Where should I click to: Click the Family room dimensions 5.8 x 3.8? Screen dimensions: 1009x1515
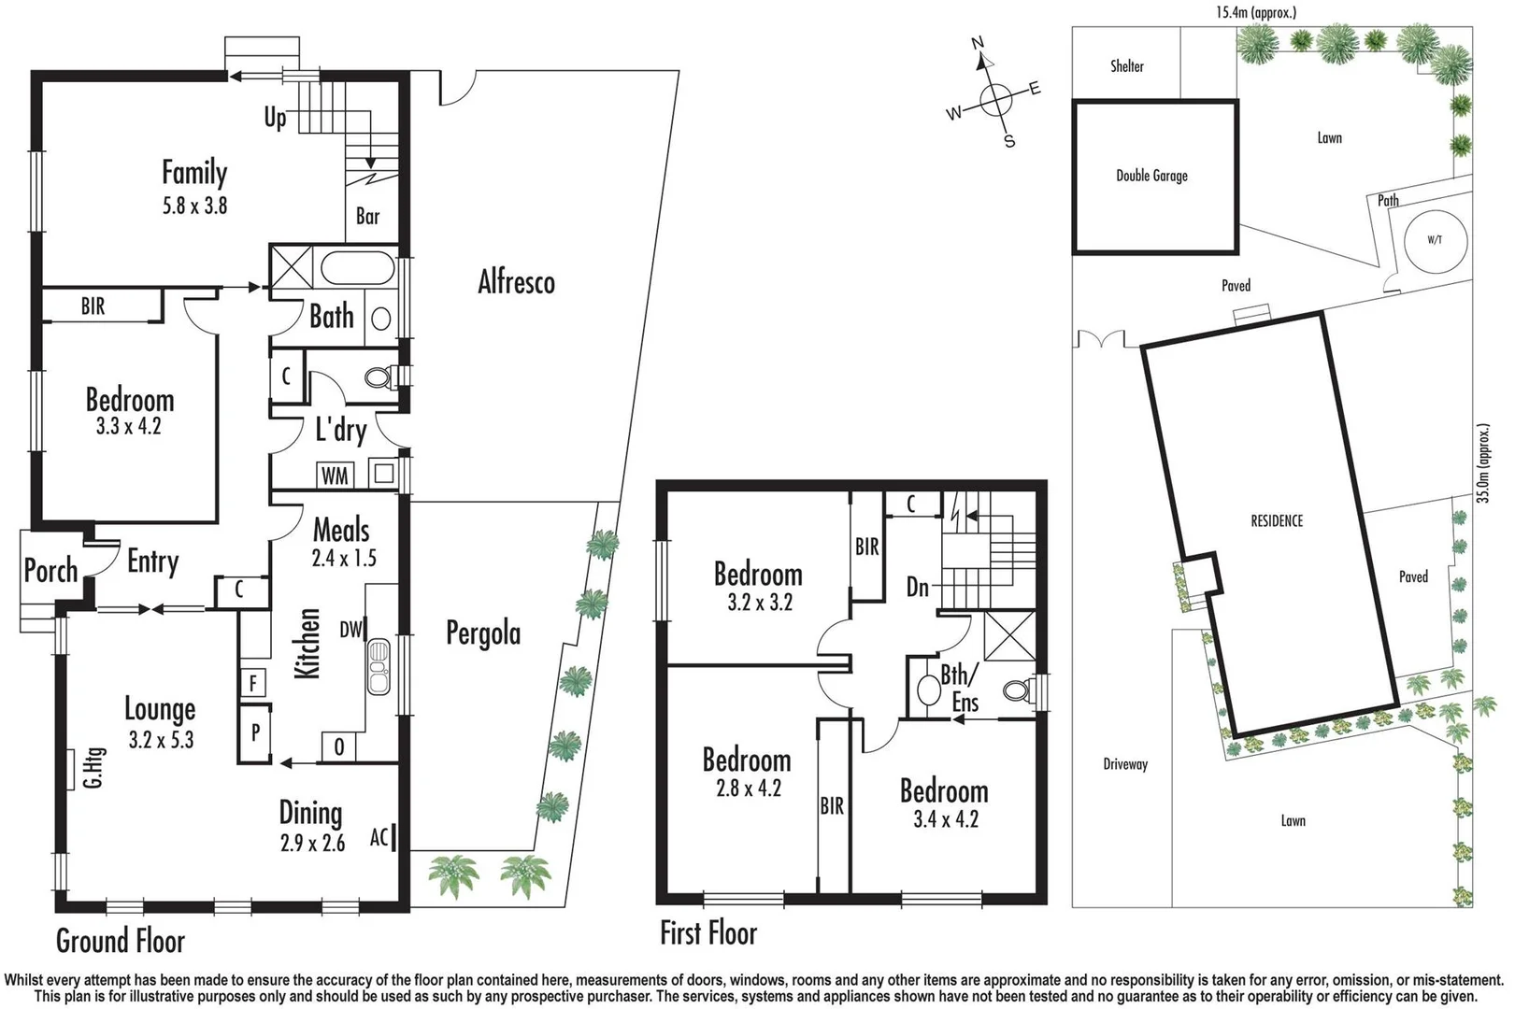pos(194,206)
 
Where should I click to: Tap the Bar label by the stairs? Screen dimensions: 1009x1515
pos(368,217)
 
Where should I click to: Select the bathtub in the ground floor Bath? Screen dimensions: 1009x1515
pos(359,268)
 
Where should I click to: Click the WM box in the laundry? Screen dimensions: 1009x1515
pos(335,476)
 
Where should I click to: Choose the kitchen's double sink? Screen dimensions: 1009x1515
pos(379,666)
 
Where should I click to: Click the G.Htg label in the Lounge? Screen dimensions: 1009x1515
pos(93,767)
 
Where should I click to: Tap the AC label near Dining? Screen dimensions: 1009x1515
pos(379,837)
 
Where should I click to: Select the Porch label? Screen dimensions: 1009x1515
pos(50,570)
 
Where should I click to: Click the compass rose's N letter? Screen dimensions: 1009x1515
pos(978,43)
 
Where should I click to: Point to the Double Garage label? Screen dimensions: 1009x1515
pos(1151,176)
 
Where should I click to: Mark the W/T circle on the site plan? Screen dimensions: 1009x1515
pos(1435,240)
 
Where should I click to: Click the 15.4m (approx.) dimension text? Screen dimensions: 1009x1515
pos(1255,12)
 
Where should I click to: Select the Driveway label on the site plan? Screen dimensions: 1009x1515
pos(1125,764)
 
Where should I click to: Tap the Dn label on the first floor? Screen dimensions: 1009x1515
pos(918,587)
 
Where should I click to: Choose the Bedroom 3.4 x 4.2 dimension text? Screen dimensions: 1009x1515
pos(946,819)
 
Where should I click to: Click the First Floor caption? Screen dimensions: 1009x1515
pos(708,932)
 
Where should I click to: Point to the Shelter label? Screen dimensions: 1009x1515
pos(1126,66)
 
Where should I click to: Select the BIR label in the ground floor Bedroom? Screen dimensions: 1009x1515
pos(93,306)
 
